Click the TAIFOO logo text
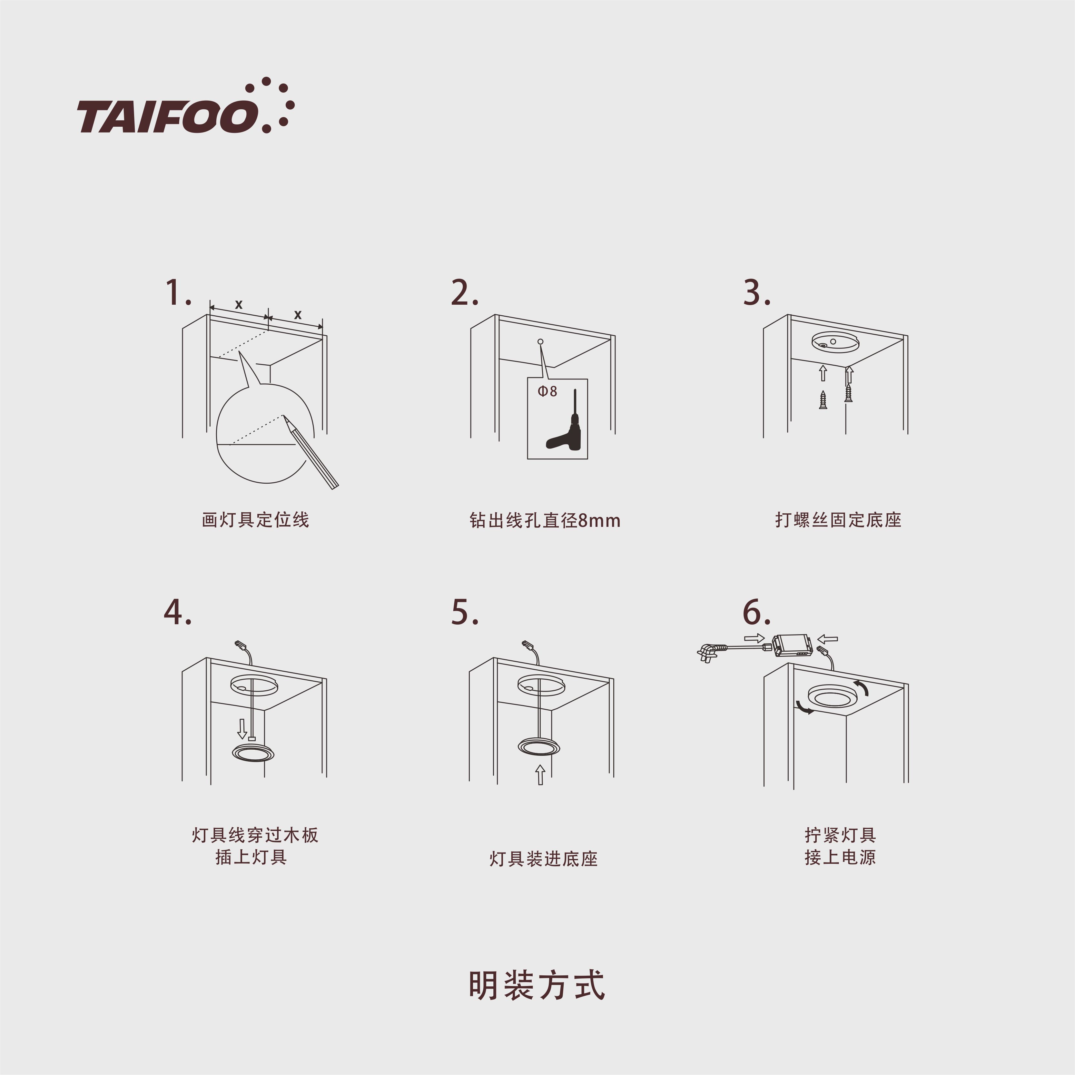tap(167, 117)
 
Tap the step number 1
tap(178, 293)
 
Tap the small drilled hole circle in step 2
tap(540, 342)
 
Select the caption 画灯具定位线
tap(255, 520)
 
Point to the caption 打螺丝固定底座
tap(838, 520)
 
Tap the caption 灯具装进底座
tap(544, 859)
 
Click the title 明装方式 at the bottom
tap(537, 985)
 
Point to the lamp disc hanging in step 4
tap(253, 752)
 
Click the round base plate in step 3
tap(835, 342)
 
